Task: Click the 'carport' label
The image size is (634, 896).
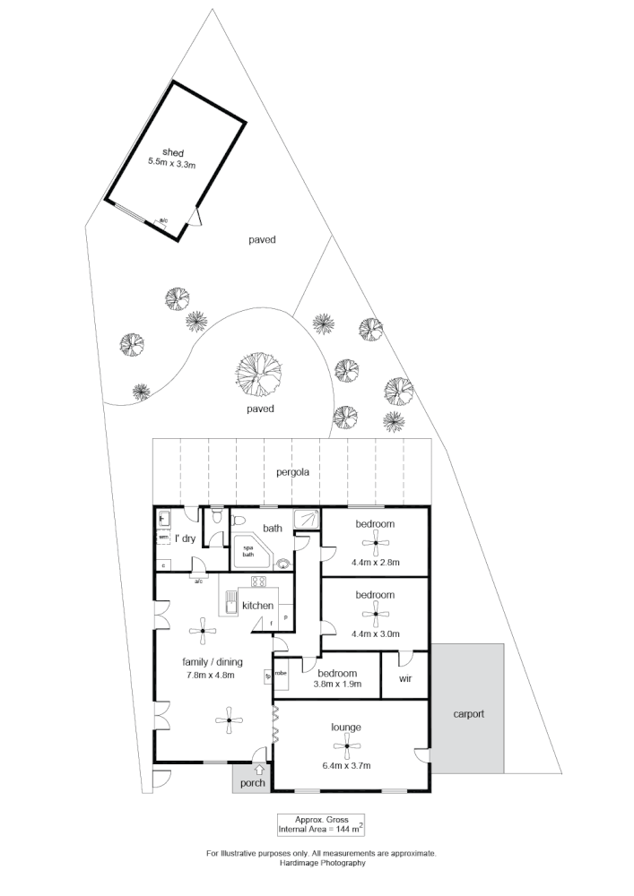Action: pyautogui.click(x=468, y=714)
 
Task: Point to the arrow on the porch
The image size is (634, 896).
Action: pyautogui.click(x=260, y=768)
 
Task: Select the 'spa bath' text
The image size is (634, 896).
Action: pyautogui.click(x=248, y=551)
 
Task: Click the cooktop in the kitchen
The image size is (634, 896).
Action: pyautogui.click(x=267, y=591)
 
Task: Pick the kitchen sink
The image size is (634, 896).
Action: pyautogui.click(x=230, y=606)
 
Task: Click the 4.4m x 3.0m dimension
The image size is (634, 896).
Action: pyautogui.click(x=376, y=633)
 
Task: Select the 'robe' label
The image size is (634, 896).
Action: pyautogui.click(x=280, y=672)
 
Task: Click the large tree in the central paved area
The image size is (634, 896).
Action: pyautogui.click(x=258, y=374)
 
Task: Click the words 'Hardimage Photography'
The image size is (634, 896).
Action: pyautogui.click(x=321, y=864)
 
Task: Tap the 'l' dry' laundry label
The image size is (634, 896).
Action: pyautogui.click(x=186, y=538)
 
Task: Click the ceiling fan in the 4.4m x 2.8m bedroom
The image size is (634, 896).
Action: pyautogui.click(x=375, y=541)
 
